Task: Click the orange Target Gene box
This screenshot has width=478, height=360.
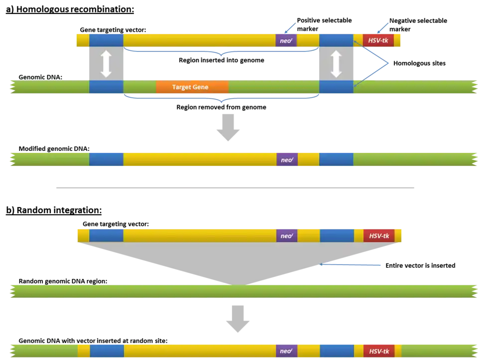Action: [x=192, y=87]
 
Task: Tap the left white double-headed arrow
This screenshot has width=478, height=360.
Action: [x=106, y=64]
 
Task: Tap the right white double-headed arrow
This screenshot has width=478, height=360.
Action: [x=336, y=64]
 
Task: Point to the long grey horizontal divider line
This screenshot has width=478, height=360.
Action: [x=237, y=187]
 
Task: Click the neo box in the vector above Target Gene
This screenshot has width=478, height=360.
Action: [x=286, y=40]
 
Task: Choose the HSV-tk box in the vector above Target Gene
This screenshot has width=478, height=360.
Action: [x=378, y=40]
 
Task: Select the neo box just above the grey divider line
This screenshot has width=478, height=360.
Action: [x=287, y=160]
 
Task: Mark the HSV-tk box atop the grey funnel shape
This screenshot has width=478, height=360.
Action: [x=378, y=236]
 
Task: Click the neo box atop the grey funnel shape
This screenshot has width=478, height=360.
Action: [x=286, y=236]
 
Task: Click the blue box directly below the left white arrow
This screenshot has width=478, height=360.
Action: [x=106, y=87]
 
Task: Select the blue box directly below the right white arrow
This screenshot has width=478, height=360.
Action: [x=336, y=87]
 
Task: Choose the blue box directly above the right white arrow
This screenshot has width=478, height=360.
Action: [x=336, y=40]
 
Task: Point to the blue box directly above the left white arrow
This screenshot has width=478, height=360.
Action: [x=106, y=40]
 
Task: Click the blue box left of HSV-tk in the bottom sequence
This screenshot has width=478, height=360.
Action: [x=337, y=351]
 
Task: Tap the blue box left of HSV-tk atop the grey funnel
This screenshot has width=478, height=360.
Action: [x=337, y=236]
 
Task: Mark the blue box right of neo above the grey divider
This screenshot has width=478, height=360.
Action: [x=336, y=160]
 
